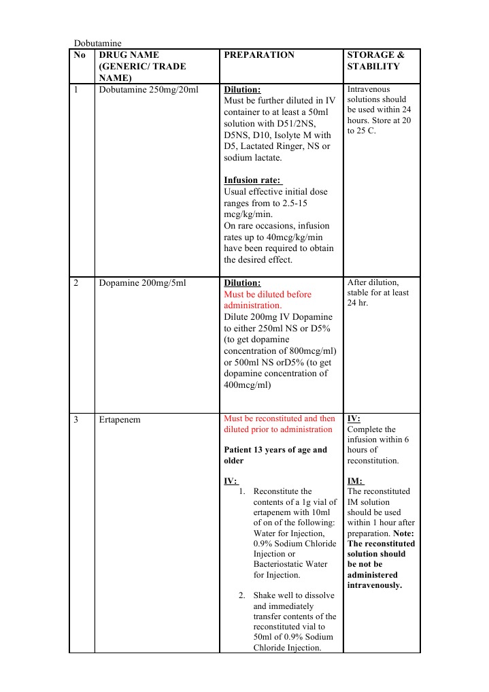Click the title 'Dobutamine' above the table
(x=97, y=44)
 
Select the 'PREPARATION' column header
(x=259, y=55)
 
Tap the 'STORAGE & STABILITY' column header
(x=375, y=61)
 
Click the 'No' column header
(x=80, y=55)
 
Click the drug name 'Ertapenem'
(x=120, y=420)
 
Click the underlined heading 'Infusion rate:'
(x=253, y=180)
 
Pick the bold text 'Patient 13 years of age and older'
(x=275, y=455)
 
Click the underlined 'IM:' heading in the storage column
(x=356, y=481)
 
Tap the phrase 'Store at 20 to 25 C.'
(x=378, y=125)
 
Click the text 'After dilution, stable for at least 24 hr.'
(x=377, y=293)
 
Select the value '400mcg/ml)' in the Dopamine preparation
(x=248, y=384)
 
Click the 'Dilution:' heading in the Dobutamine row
(x=242, y=90)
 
